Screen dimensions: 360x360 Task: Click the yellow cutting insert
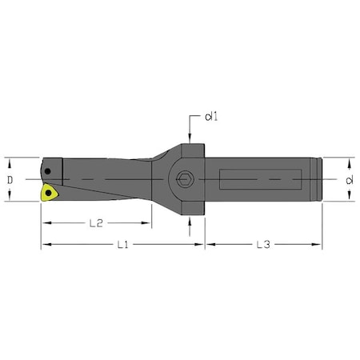tap(49, 193)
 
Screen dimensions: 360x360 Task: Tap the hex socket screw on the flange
tap(185, 178)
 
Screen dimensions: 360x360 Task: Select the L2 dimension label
tap(96, 223)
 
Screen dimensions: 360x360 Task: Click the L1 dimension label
tap(122, 244)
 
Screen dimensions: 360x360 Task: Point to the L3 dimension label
tap(263, 244)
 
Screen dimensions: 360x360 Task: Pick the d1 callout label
tap(211, 117)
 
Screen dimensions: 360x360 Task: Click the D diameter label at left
tap(10, 180)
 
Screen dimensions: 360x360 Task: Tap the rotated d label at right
tap(350, 180)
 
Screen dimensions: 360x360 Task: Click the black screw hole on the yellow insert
tap(48, 193)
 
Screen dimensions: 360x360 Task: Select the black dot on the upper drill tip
tap(47, 171)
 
